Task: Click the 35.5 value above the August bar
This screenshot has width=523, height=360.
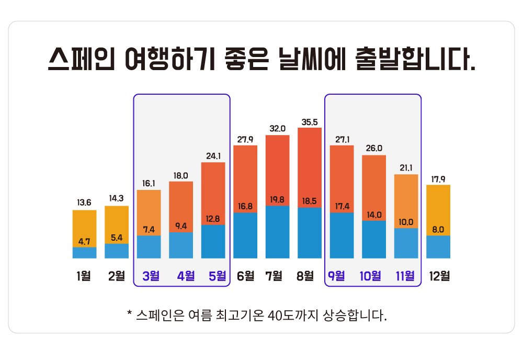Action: [310, 122]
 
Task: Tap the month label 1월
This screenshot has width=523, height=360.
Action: [84, 275]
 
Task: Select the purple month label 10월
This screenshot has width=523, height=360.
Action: [370, 275]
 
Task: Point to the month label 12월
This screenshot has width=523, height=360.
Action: [438, 275]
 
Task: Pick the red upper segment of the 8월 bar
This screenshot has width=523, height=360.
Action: [310, 162]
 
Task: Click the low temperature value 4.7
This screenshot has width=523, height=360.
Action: [84, 241]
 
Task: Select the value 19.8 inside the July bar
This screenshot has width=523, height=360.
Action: [278, 199]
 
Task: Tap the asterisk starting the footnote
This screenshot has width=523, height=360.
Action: [129, 315]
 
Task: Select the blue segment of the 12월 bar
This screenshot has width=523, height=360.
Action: [438, 247]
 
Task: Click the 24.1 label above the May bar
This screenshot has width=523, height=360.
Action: [213, 155]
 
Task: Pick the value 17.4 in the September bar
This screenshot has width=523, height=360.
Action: [342, 206]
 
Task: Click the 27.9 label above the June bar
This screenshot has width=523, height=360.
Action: [245, 139]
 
